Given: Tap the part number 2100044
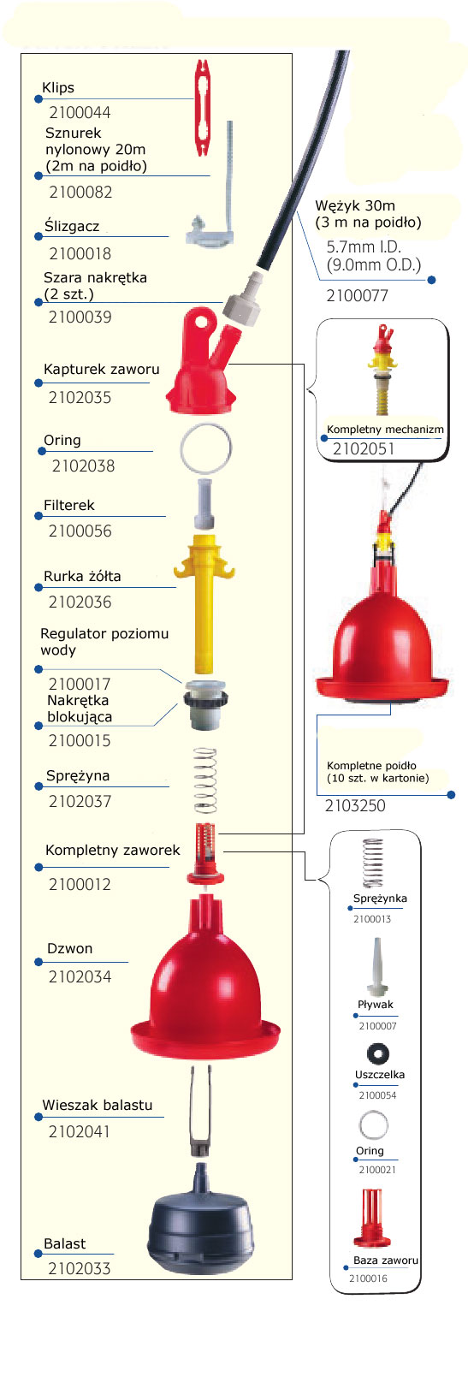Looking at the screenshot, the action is [80, 112].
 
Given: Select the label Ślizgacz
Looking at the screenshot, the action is [72, 226].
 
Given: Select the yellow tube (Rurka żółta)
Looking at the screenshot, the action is [204, 600].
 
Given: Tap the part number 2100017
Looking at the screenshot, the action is [80, 684].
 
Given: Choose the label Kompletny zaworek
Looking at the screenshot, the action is [112, 850].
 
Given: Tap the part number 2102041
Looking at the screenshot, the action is [80, 1131].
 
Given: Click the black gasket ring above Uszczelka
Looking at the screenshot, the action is [377, 1053].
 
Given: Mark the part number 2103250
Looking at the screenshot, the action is [355, 805].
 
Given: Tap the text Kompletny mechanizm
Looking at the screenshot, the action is [386, 430].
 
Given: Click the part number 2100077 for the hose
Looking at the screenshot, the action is [358, 295].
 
